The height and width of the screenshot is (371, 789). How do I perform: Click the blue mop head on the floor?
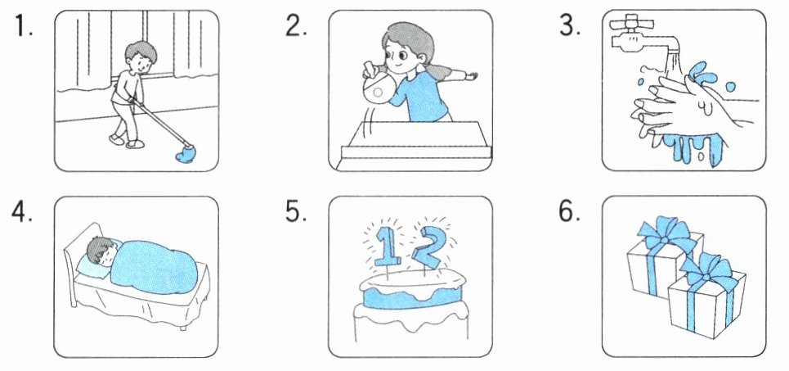point(186,154)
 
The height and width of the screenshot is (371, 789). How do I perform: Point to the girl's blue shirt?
point(419,96)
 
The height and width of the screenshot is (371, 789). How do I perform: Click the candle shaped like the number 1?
point(385,245)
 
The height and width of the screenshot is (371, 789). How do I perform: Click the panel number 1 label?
point(23,25)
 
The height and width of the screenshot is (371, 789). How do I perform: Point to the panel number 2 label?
point(296,25)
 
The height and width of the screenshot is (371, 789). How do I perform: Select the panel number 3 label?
point(570,25)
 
